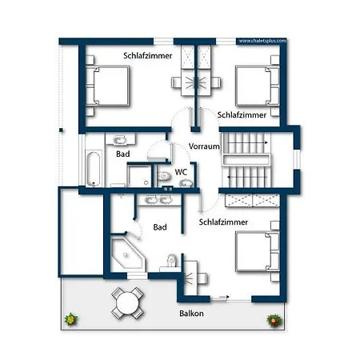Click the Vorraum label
click(204, 146)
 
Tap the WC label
click(181, 172)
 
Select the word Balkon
click(191, 313)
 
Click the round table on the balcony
click(128, 303)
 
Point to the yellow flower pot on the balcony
click(71, 319)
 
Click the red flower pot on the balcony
click(274, 320)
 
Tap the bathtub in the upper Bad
click(94, 168)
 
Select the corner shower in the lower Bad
click(128, 255)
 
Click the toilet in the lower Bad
click(171, 261)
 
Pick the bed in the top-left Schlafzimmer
click(108, 86)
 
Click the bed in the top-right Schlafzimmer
click(258, 86)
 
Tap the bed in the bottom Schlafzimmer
click(258, 251)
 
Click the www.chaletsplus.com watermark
click(262, 41)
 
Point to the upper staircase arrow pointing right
click(247, 143)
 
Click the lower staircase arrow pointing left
click(247, 177)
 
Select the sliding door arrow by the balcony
click(224, 297)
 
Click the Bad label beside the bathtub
click(123, 154)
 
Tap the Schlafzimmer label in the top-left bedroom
click(148, 56)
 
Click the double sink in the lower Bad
click(158, 200)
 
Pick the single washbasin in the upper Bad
click(120, 139)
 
